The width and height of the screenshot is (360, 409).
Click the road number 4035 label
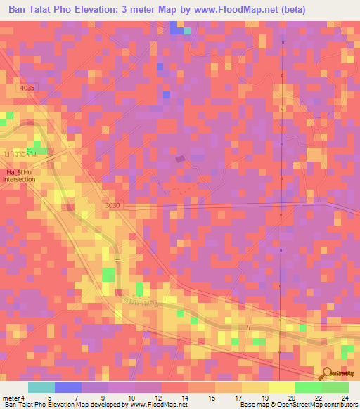27,88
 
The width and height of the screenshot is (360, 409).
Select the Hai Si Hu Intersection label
18,176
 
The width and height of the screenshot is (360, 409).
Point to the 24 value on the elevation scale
347,398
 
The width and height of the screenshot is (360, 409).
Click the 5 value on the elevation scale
49,398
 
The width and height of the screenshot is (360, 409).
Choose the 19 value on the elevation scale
264,398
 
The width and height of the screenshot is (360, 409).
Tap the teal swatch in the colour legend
41,387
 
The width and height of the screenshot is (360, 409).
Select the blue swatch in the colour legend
68,387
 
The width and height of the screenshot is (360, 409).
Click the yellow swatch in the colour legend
281,387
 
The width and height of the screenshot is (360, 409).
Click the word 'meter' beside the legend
11,398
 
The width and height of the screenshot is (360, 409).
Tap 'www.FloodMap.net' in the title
260,11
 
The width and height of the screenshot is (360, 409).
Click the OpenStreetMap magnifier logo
328,372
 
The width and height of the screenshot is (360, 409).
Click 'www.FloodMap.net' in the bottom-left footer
155,405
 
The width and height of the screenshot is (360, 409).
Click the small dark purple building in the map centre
180,160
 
